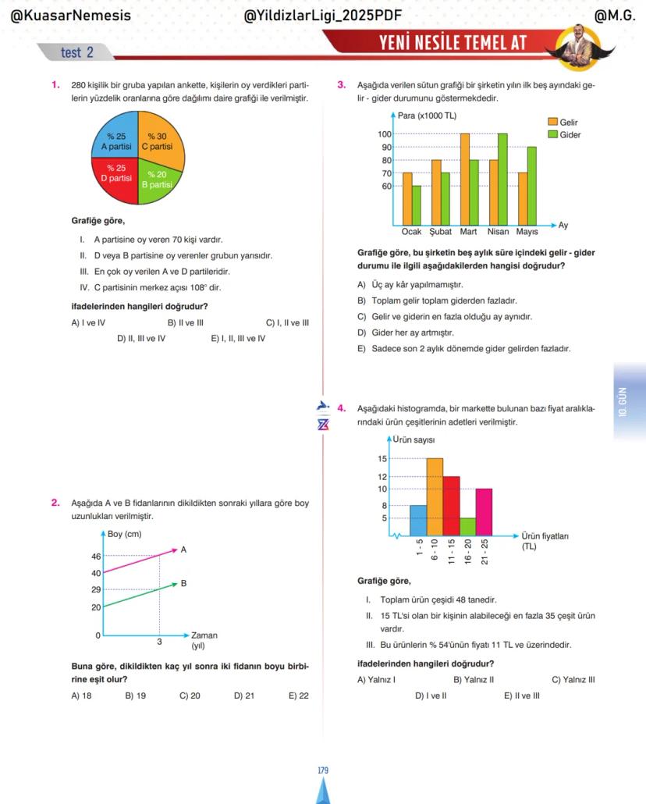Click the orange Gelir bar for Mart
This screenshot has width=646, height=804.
click(x=465, y=180)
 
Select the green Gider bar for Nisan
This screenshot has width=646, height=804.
click(x=502, y=180)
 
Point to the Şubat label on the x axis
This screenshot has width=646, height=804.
click(x=441, y=232)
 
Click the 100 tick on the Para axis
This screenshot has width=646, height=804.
click(x=384, y=134)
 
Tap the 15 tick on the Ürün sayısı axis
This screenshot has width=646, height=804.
click(x=382, y=458)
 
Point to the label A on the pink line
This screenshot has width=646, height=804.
click(x=183, y=550)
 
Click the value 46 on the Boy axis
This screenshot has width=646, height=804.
click(x=96, y=557)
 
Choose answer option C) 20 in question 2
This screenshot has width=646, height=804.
click(x=190, y=695)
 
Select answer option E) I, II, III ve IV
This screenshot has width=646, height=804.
click(x=238, y=339)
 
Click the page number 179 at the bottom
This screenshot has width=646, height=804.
click(x=323, y=770)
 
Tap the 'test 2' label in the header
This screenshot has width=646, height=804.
click(x=76, y=52)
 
